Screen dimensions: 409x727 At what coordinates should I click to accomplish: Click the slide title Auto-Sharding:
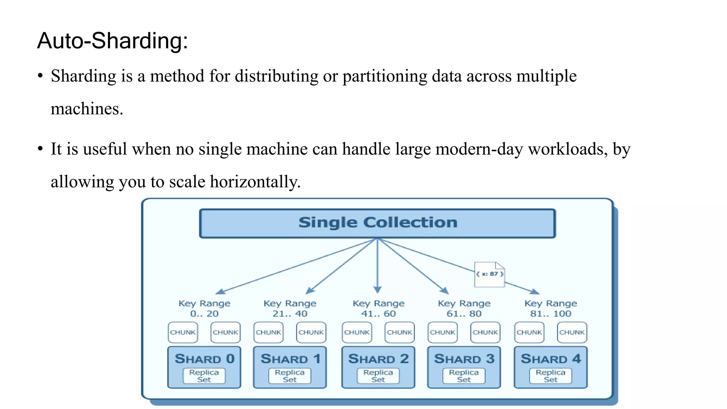[112, 41]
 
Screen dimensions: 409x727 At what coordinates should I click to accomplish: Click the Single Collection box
[377, 223]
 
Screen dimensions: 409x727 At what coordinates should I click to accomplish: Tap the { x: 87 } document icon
[490, 274]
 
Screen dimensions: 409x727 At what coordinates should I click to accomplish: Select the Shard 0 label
[204, 359]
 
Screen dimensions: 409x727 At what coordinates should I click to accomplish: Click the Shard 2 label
[378, 359]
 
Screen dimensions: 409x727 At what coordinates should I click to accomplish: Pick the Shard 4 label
[551, 359]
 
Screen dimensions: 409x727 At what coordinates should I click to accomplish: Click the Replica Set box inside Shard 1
[290, 376]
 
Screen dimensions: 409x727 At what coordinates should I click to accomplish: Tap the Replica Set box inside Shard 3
[464, 376]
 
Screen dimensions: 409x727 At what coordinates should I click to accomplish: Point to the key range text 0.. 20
[204, 314]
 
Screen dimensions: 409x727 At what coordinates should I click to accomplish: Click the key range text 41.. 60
[378, 314]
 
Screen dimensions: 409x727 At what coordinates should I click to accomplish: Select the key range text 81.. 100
[551, 314]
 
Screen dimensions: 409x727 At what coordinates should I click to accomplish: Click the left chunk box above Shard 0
[183, 332]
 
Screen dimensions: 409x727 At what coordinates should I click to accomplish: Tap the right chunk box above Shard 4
[572, 332]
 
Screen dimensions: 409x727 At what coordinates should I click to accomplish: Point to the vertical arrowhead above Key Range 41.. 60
[377, 290]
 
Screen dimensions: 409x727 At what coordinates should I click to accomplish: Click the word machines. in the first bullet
[87, 109]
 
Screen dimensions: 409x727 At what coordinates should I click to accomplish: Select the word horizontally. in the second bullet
[255, 182]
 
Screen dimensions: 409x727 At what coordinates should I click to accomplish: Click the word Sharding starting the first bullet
[83, 76]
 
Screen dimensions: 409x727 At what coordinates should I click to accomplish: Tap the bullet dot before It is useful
[40, 149]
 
